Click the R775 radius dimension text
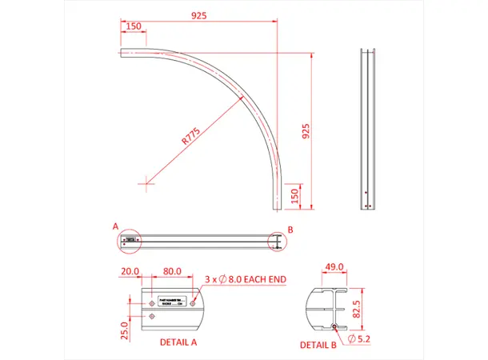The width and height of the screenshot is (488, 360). coord(191,135)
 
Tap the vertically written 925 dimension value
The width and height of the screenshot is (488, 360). coord(304,131)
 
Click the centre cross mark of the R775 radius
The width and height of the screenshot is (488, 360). coord(146,183)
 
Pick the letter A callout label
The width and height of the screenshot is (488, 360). coord(115,226)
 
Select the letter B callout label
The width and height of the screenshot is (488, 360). coord(290,230)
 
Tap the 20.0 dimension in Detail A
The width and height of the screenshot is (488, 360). coord(130,272)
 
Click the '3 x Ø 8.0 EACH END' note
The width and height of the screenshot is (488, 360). coord(246,279)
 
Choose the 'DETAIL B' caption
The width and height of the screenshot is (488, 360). coord(318,346)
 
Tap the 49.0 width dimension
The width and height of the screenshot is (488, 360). coord(334,267)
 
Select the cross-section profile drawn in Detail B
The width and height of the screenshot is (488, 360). coord(327,308)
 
